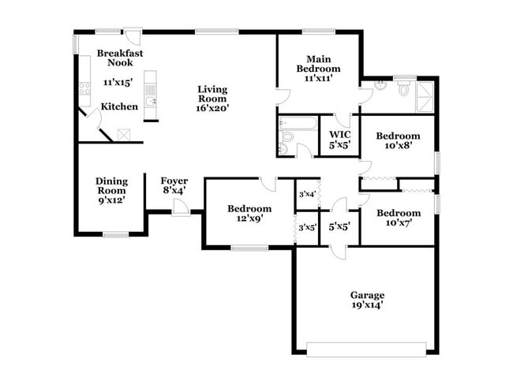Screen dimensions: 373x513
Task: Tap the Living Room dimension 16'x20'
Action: tap(212, 109)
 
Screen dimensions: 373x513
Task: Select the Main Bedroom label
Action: tap(318, 63)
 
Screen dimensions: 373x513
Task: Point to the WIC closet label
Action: tap(339, 134)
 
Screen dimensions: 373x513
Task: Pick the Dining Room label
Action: tap(112, 185)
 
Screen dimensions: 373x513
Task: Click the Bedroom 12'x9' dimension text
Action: tap(249, 218)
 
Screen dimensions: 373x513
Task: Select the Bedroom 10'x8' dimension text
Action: tap(398, 144)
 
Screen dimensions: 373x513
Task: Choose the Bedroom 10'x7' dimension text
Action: tap(398, 222)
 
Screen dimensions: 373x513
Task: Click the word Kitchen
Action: tap(120, 106)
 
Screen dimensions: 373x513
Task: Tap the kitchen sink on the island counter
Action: tap(151, 102)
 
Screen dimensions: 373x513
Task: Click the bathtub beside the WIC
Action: tap(298, 124)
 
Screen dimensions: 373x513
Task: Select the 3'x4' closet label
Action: tap(306, 194)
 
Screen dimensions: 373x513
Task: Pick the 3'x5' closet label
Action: tap(306, 228)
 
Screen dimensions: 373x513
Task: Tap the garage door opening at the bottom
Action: tap(366, 348)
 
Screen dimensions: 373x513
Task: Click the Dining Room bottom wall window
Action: tap(116, 234)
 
